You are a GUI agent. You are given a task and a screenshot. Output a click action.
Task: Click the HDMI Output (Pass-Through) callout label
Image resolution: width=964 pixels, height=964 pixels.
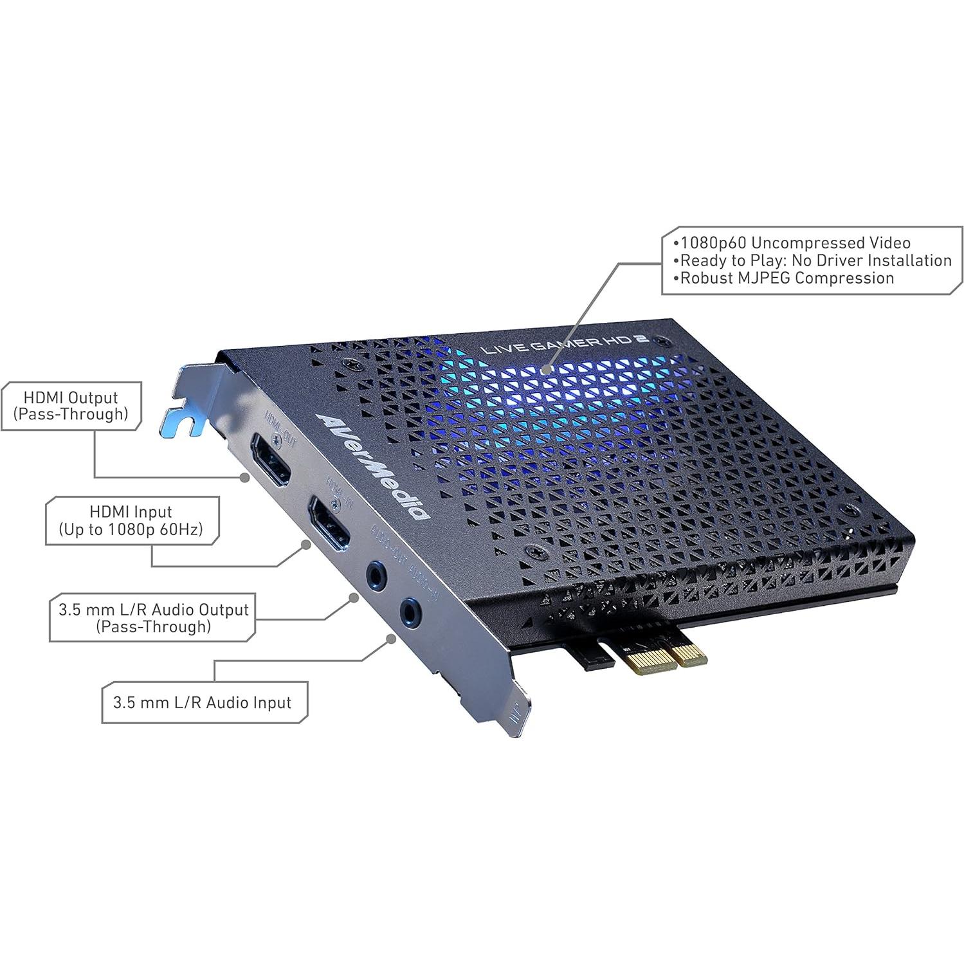(71, 406)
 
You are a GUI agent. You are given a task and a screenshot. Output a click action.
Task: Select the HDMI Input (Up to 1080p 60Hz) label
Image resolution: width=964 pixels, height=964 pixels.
(131, 521)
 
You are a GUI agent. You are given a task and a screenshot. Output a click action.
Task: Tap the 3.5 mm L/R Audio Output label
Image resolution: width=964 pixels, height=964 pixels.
(153, 617)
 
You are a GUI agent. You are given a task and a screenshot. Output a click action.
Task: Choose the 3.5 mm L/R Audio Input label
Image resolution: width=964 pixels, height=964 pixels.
(203, 702)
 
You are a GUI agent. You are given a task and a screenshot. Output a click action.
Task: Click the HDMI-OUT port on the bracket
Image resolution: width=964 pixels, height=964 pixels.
(271, 459)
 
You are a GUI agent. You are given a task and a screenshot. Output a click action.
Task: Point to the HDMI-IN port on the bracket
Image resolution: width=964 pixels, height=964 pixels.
(329, 523)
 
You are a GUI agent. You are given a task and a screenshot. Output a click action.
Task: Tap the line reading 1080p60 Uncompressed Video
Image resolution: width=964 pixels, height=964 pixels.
(796, 243)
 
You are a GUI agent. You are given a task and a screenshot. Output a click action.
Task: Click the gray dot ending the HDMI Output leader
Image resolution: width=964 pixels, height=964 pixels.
(245, 477)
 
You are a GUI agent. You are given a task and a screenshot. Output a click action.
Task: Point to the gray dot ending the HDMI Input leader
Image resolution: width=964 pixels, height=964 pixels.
(307, 545)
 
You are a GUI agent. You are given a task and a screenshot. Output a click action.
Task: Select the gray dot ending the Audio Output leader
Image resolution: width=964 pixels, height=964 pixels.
(353, 597)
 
